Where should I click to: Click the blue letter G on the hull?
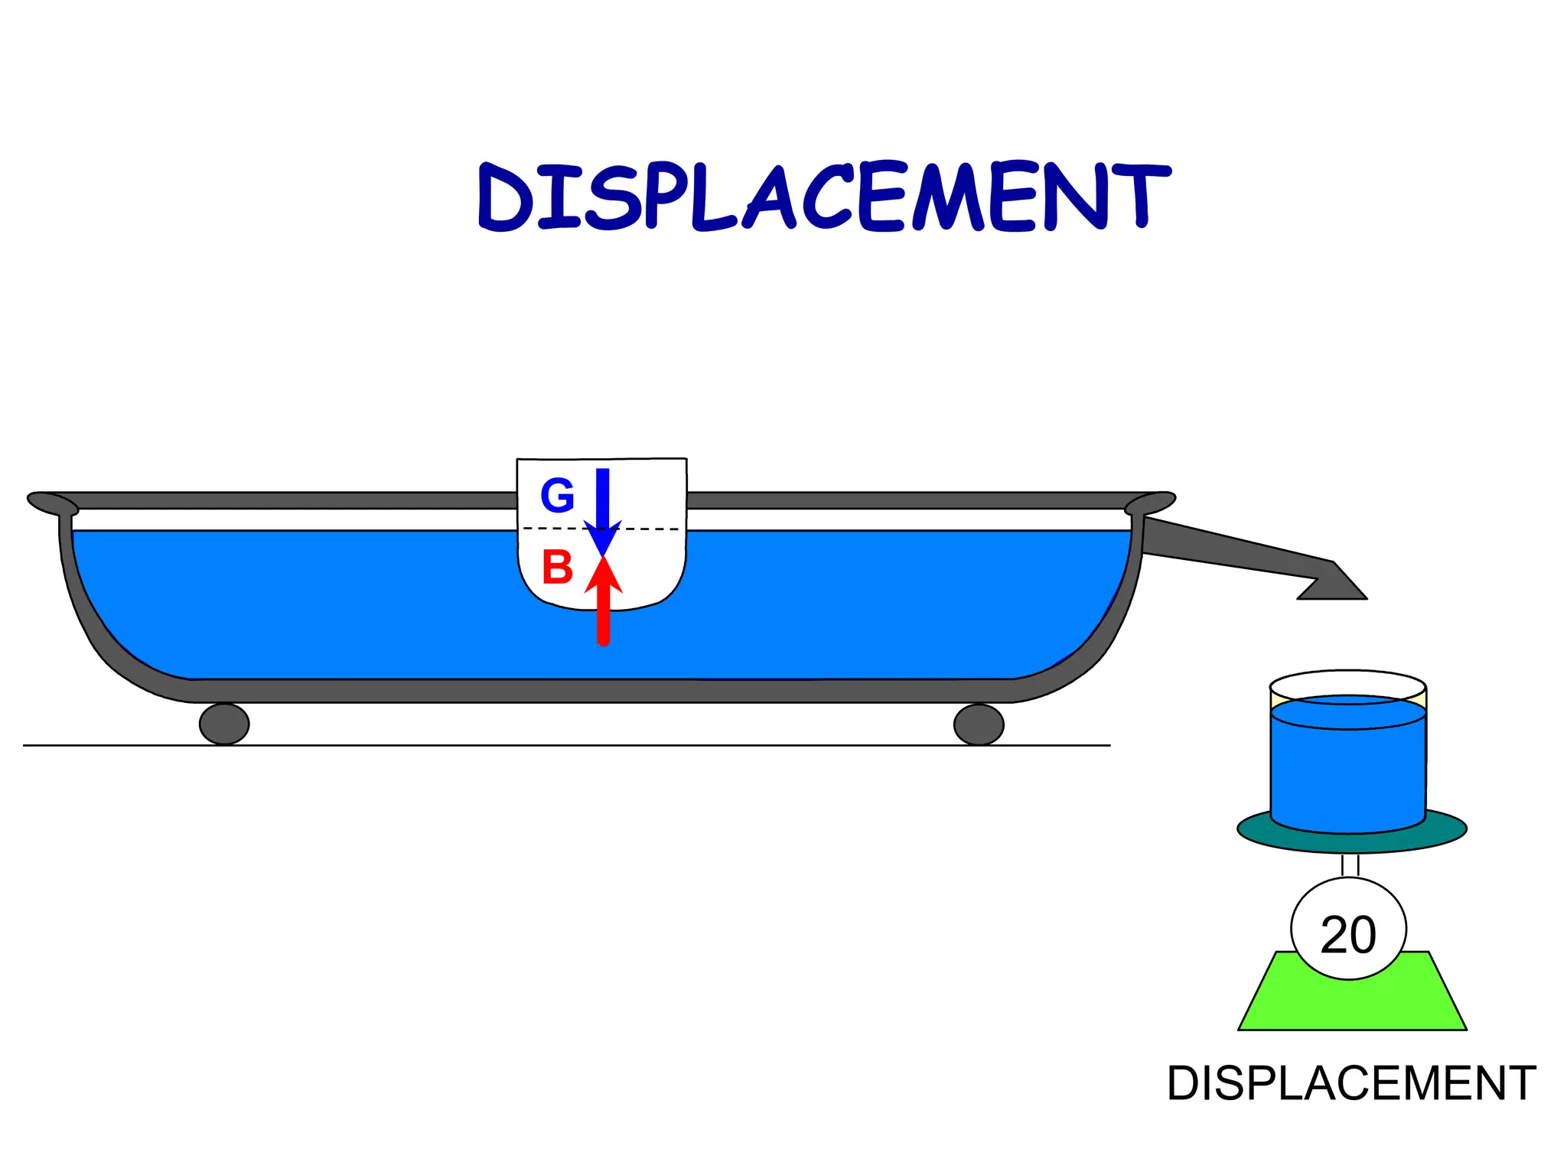(557, 496)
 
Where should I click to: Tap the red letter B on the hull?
(557, 568)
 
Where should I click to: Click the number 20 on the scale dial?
(1348, 935)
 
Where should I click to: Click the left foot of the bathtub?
(224, 724)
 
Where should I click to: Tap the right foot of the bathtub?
(979, 724)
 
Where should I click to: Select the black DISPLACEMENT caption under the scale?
(1351, 1083)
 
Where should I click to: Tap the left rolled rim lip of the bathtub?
(52, 503)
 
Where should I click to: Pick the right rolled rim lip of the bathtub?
(1150, 503)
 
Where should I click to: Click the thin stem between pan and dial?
(1350, 865)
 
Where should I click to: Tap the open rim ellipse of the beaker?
(1348, 683)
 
